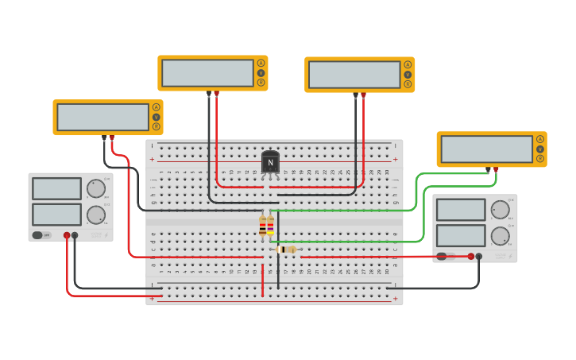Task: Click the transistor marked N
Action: click(x=270, y=162)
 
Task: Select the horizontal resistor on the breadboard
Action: click(x=287, y=250)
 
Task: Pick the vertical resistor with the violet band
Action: click(x=270, y=226)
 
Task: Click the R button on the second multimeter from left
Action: click(x=261, y=83)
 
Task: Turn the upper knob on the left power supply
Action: click(x=95, y=188)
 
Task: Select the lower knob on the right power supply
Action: click(x=500, y=236)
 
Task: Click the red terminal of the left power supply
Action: click(x=67, y=235)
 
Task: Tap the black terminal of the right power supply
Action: click(x=479, y=256)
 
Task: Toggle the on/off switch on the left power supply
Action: click(x=41, y=235)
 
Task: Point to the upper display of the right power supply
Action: click(x=461, y=210)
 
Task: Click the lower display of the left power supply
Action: click(x=56, y=215)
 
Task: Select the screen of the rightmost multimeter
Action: click(x=487, y=149)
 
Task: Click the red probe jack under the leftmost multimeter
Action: click(x=111, y=137)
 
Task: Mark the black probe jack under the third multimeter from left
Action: click(x=355, y=95)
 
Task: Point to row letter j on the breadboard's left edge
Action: click(x=153, y=172)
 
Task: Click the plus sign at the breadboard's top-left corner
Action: click(x=153, y=159)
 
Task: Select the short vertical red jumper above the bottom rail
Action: click(x=262, y=280)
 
